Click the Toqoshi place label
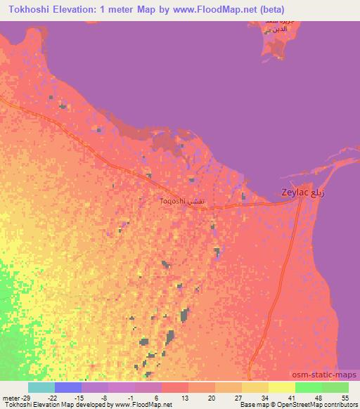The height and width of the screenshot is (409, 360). click(174, 201)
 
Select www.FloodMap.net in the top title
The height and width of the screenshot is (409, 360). click(214, 9)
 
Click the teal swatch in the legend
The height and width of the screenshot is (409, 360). click(41, 387)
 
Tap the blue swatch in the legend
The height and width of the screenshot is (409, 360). click(68, 387)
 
